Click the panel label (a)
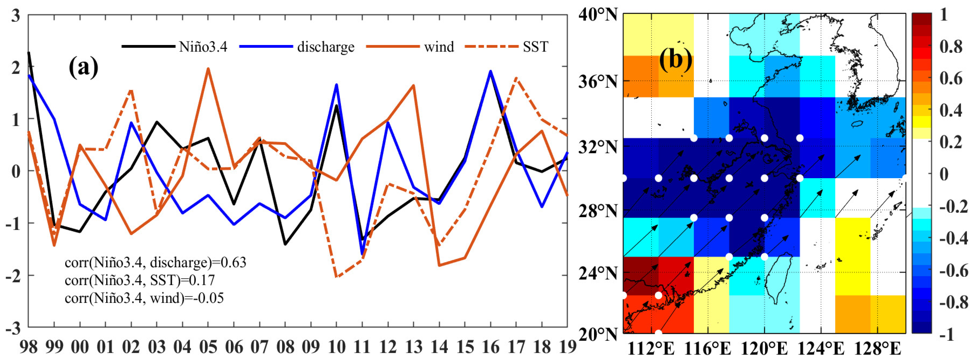point(83,68)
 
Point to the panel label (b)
point(676,61)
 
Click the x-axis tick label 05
point(208,346)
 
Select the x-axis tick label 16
point(490,346)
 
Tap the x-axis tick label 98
point(28,346)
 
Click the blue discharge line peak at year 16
point(490,71)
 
